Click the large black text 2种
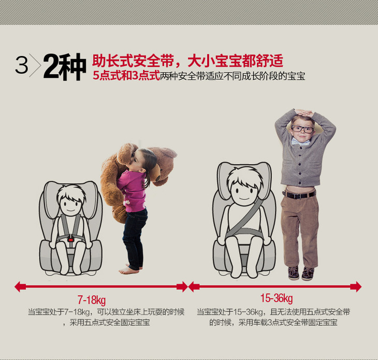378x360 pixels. [65, 66]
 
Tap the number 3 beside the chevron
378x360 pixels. [22, 65]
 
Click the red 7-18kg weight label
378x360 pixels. [92, 300]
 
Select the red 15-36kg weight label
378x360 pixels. [277, 298]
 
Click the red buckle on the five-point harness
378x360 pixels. [70, 240]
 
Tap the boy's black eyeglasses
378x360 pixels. [302, 129]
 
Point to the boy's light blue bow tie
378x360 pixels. [300, 142]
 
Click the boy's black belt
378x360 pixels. [299, 194]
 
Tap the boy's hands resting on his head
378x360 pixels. [304, 112]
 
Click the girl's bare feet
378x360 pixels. [129, 269]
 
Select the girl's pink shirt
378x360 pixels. [133, 191]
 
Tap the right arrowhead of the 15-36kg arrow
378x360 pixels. [356, 286]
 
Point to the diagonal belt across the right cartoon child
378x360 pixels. [245, 217]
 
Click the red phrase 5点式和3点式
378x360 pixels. [126, 76]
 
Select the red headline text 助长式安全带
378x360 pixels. [133, 61]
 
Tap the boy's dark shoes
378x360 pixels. [301, 273]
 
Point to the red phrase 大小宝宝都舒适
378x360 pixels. [235, 61]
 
